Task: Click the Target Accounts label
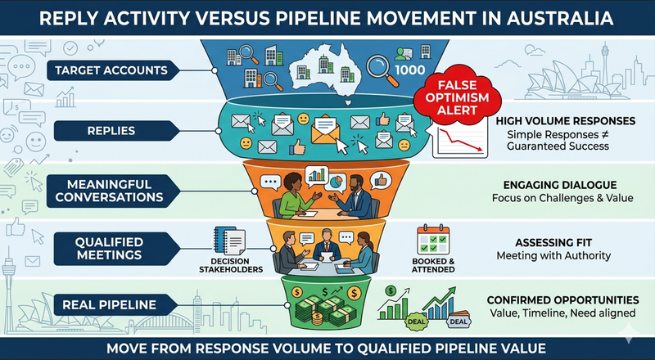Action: coord(112,70)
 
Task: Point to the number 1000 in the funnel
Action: coord(410,70)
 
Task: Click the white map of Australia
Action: coord(326,69)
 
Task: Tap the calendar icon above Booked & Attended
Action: coord(433,240)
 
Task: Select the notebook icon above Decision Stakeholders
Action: coord(229,241)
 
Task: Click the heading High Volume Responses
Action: coord(566,121)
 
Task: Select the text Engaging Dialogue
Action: coord(560,185)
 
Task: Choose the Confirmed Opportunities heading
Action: coord(562,299)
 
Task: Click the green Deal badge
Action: coord(416,322)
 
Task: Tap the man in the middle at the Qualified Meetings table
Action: coord(327,245)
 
